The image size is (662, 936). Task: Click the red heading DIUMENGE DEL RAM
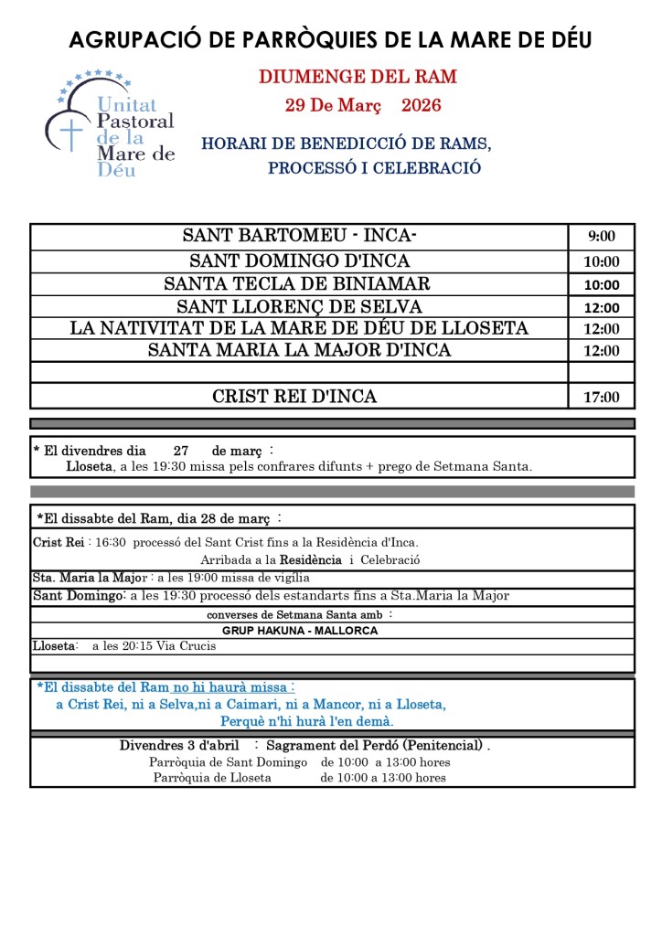(x=358, y=77)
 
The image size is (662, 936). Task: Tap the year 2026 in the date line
(x=422, y=105)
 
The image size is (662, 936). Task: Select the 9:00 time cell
(x=601, y=237)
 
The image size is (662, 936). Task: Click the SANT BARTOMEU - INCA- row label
(x=299, y=236)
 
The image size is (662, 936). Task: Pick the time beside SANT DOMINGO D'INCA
(x=601, y=262)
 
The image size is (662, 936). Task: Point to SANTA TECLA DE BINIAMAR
(x=296, y=283)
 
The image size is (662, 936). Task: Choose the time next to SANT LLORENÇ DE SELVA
(x=601, y=308)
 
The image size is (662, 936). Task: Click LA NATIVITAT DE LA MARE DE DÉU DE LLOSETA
(x=299, y=328)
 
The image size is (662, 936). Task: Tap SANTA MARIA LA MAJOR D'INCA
(x=299, y=350)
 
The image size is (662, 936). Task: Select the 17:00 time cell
(x=601, y=398)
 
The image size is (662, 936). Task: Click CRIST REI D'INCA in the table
(x=294, y=397)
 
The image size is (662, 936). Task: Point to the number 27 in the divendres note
(x=181, y=451)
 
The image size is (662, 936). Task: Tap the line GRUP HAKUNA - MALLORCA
(x=299, y=631)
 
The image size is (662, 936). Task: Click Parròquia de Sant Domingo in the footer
(x=228, y=762)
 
